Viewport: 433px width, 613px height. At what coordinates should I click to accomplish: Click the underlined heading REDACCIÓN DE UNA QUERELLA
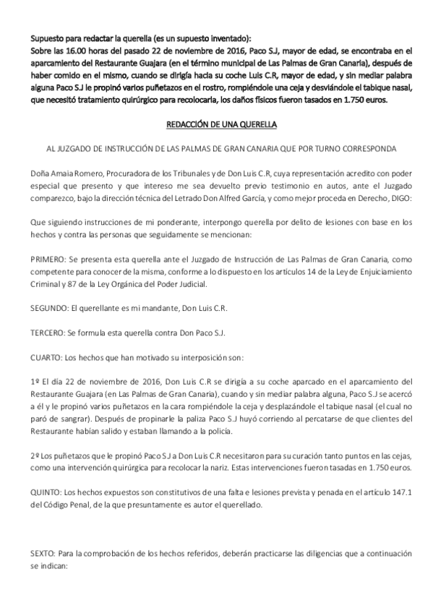(x=217, y=124)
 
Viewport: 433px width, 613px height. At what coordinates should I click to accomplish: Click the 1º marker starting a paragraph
(x=35, y=382)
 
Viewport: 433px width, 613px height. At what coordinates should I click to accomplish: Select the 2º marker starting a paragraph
(x=35, y=456)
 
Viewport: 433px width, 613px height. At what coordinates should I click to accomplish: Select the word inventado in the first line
(x=226, y=38)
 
